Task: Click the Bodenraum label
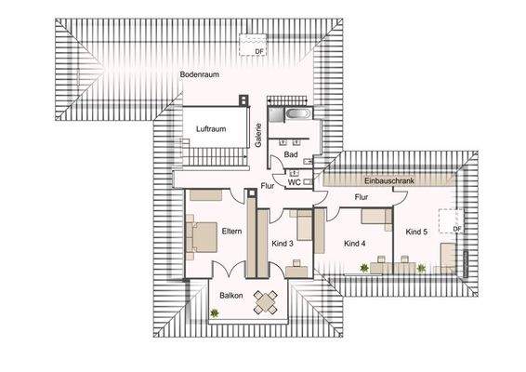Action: pyautogui.click(x=199, y=74)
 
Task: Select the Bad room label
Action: pyautogui.click(x=290, y=154)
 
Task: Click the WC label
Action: pyautogui.click(x=293, y=182)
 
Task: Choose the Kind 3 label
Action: pyautogui.click(x=283, y=244)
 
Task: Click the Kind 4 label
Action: pyautogui.click(x=355, y=244)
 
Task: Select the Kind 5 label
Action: pyautogui.click(x=415, y=231)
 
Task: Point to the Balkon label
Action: pyautogui.click(x=230, y=296)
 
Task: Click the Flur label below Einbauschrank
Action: pyautogui.click(x=362, y=197)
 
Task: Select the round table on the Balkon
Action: pyautogui.click(x=268, y=299)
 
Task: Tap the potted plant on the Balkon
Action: pyautogui.click(x=215, y=313)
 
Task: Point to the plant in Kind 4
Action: pyautogui.click(x=364, y=268)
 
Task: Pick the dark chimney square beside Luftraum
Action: pyautogui.click(x=243, y=100)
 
